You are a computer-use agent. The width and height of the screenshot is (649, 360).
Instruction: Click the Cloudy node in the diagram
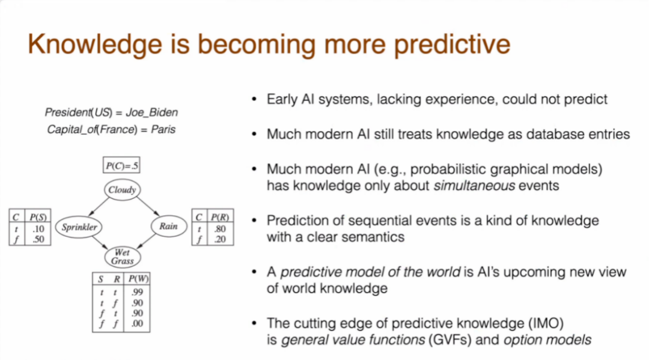point(122,190)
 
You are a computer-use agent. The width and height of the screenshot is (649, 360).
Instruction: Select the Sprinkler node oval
point(79,227)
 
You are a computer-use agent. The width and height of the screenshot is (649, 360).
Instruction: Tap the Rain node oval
point(168,227)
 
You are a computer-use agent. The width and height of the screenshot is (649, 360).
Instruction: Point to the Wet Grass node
point(123,257)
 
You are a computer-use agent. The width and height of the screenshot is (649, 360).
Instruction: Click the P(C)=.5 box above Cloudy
point(121,165)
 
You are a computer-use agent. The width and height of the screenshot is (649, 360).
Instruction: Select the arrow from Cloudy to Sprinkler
point(99,207)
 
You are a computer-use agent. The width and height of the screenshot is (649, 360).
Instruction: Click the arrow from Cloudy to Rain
point(148,206)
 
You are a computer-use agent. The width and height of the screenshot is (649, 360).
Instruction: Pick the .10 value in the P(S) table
point(38,229)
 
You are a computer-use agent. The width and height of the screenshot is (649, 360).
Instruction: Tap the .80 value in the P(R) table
point(220,229)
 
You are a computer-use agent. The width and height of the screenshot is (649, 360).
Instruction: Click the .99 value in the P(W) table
point(137,292)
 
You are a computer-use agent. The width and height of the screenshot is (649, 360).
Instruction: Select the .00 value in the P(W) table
point(137,323)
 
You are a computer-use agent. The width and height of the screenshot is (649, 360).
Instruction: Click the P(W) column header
point(138,279)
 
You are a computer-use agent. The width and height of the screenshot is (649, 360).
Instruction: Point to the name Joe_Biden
point(152,112)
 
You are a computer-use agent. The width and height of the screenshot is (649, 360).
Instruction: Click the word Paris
point(163,130)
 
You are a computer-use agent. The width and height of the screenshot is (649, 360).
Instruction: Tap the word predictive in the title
point(452,44)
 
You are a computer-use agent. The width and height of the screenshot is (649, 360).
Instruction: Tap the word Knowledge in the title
point(95,44)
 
